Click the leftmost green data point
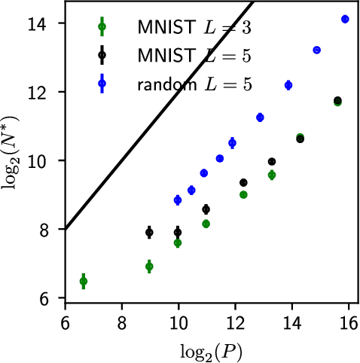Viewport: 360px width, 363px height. coord(84,281)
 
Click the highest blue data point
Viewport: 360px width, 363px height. coord(345,19)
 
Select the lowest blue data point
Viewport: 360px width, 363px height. coord(178,200)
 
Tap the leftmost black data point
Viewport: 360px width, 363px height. coord(149,233)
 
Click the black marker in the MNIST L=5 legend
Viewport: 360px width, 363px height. coord(103,55)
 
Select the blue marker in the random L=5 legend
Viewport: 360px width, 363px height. coord(103,83)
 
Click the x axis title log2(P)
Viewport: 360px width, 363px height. coord(206,351)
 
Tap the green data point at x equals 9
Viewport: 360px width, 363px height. coord(149,267)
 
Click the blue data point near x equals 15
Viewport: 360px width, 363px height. coord(317,50)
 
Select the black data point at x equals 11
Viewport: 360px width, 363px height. coord(206,209)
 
